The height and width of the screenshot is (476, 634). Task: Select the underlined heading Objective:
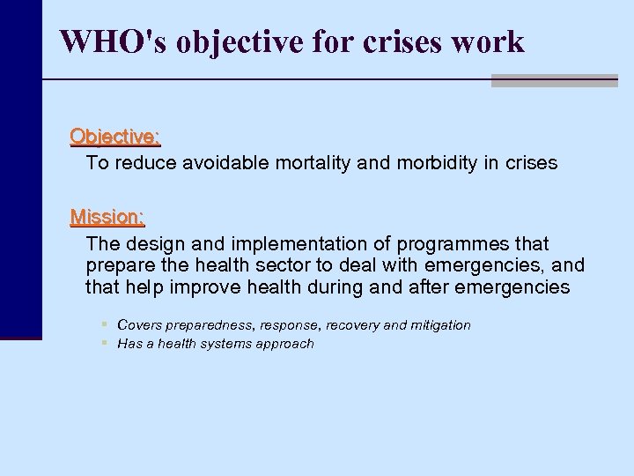point(115,137)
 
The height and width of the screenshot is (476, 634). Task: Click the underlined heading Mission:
point(107,216)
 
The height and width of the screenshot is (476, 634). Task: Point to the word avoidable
point(221,163)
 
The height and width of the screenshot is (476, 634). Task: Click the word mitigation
point(439,325)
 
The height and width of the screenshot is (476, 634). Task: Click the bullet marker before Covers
point(104,324)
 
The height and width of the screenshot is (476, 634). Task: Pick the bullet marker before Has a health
point(104,343)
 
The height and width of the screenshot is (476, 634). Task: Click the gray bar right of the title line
point(554,80)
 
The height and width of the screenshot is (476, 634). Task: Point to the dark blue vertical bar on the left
point(20,176)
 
